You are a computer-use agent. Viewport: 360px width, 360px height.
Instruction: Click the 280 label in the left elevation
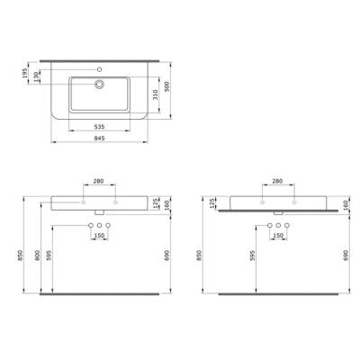100,181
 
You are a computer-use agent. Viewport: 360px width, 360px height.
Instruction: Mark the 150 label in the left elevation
100,236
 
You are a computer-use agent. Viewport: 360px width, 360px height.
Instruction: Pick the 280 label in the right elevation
277,181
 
